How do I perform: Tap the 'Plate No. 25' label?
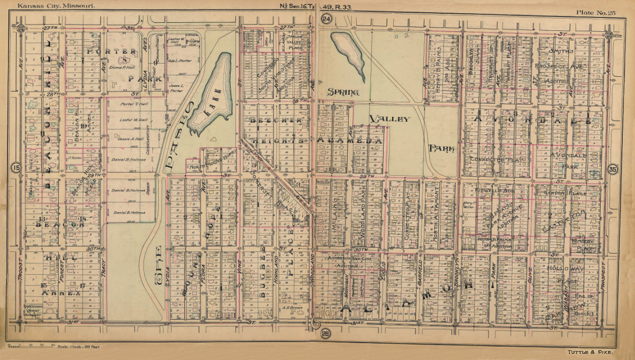tap(596, 13)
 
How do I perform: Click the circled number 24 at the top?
tap(326, 19)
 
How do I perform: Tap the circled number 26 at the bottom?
tap(325, 333)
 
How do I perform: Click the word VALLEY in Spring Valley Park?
tap(390, 119)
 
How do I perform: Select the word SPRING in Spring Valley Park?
tap(343, 92)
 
